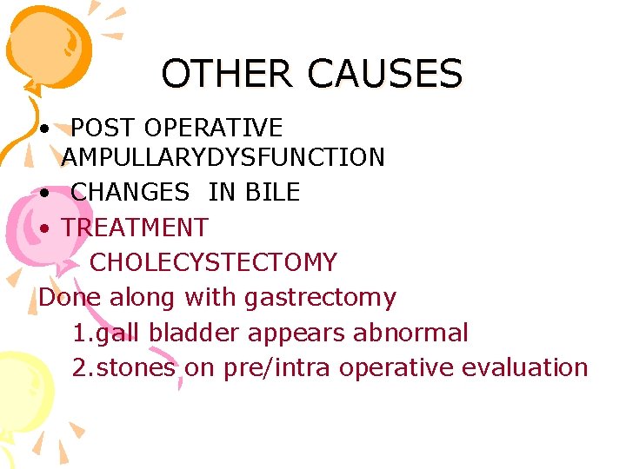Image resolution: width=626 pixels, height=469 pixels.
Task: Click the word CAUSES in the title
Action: point(385,74)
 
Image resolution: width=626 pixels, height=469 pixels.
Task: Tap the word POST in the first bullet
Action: point(103,128)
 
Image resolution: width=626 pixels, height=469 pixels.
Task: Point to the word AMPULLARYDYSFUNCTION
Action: point(223,157)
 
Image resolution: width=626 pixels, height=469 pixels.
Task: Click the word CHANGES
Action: point(130,191)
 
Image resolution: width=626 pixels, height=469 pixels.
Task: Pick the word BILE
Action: point(270,191)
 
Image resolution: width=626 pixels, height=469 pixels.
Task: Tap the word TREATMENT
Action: point(135,228)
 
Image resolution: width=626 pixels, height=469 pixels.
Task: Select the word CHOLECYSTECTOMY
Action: point(213,261)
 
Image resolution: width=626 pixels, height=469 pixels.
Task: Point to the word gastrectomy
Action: point(320,297)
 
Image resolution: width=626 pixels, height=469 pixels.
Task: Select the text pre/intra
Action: point(277,367)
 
